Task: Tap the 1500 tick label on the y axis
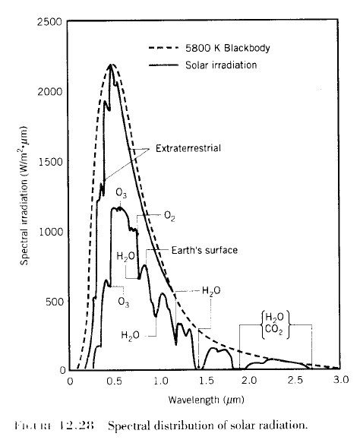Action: click(x=50, y=162)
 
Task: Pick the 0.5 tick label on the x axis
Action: click(x=114, y=378)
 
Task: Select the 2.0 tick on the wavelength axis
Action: click(x=250, y=378)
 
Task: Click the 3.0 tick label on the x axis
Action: click(x=340, y=378)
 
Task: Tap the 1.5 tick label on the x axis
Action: click(x=205, y=378)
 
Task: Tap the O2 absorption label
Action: click(x=172, y=216)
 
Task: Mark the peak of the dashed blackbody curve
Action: click(x=112, y=65)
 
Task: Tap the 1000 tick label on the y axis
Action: click(x=50, y=232)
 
